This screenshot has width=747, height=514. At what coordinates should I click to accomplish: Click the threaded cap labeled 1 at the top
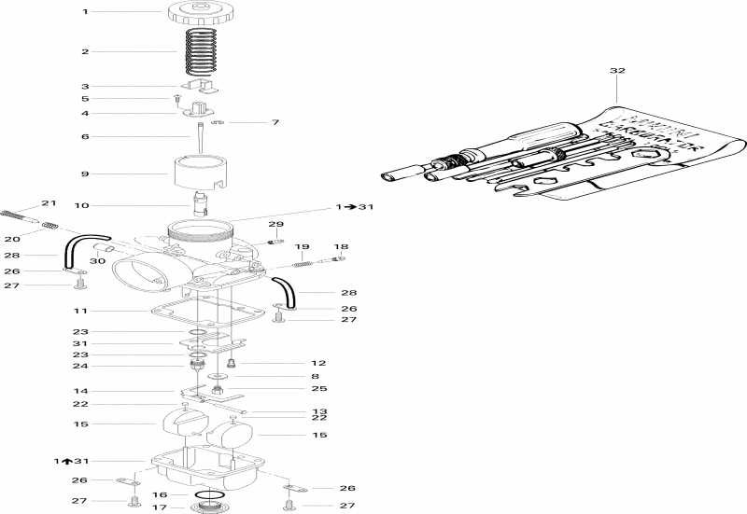coord(200,13)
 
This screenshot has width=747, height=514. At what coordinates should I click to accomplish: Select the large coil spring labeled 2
coord(204,53)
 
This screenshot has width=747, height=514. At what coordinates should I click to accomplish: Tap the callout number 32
coord(617,70)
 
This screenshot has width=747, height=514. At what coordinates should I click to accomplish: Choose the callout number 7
coord(249,123)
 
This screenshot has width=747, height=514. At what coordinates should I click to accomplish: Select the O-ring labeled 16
coord(209,494)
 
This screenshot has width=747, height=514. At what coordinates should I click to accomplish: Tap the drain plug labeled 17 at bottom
coord(209,508)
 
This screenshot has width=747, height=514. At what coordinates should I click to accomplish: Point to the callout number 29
coord(275,225)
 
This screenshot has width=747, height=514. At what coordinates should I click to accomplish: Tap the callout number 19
coord(302,247)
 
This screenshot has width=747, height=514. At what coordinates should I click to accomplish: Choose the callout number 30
coord(96,261)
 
